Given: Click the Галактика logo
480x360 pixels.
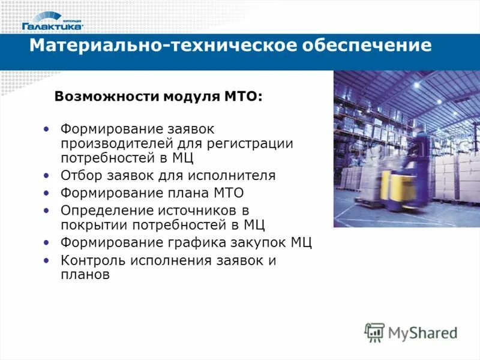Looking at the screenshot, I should (x=52, y=20).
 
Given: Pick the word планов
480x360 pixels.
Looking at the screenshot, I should (x=85, y=275).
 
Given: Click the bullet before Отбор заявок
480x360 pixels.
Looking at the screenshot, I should (x=47, y=176).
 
